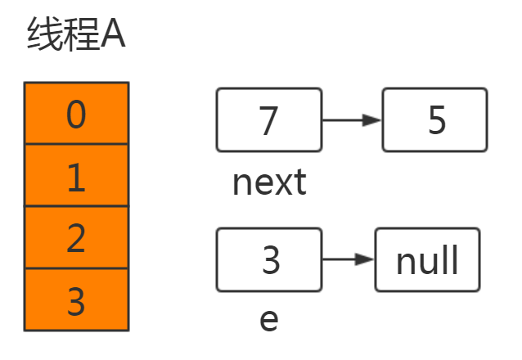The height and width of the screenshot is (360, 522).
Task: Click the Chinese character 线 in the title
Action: pos(43,37)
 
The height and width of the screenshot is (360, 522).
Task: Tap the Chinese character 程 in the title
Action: pos(82,37)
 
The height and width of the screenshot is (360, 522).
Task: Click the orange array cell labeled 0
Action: pos(76,113)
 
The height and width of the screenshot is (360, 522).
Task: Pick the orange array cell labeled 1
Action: pos(76,175)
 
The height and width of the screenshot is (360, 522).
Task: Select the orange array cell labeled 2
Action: pos(76,238)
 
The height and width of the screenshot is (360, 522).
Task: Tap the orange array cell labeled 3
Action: pos(76,300)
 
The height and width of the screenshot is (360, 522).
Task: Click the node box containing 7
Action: pos(269,120)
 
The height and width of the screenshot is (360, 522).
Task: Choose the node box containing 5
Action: pos(435,120)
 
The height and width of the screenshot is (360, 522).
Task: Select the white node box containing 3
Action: pos(269,260)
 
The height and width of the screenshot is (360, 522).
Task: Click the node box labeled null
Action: pos(427,260)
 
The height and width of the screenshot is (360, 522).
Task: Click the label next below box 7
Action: pos(269,182)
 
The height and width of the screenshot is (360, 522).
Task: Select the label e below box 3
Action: pos(269,320)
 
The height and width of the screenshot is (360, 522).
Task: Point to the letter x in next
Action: pos(283,184)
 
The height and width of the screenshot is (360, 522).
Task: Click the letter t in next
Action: pos(299,182)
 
